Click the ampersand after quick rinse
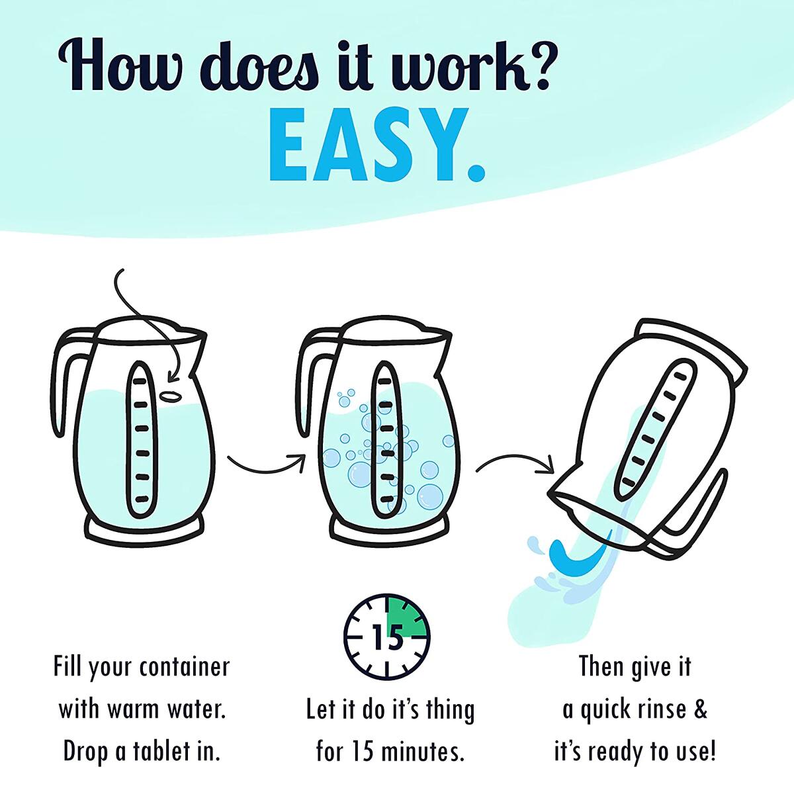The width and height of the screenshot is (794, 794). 700,710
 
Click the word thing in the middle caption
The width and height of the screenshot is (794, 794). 447,711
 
